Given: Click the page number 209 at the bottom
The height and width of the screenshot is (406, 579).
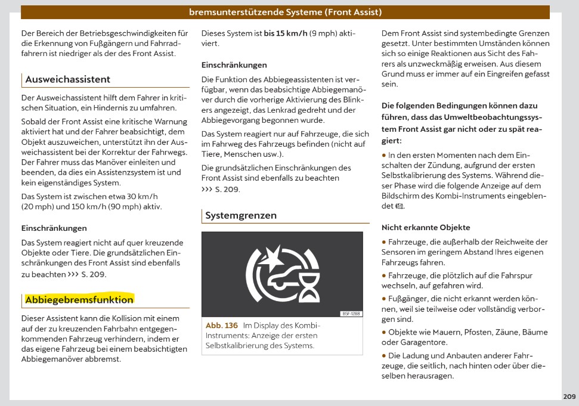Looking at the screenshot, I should click(x=569, y=396).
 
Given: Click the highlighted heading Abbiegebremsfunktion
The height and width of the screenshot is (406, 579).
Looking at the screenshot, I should click(x=79, y=299).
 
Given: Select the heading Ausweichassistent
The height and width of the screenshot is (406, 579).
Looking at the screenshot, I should click(x=67, y=79).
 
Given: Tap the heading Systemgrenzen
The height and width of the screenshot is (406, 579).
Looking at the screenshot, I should click(x=241, y=215).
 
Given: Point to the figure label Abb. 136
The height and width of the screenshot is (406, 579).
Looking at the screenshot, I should click(x=222, y=326).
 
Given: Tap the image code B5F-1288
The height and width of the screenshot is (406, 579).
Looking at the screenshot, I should click(x=350, y=314).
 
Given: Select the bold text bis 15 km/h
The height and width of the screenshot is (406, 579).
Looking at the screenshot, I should click(x=286, y=33).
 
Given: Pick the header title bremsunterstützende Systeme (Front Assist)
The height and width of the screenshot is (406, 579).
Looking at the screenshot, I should click(x=285, y=12).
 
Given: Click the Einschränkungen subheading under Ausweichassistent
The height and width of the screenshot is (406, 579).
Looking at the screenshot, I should click(x=54, y=228).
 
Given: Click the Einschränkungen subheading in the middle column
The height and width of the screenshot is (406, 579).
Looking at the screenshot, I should click(x=234, y=64).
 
